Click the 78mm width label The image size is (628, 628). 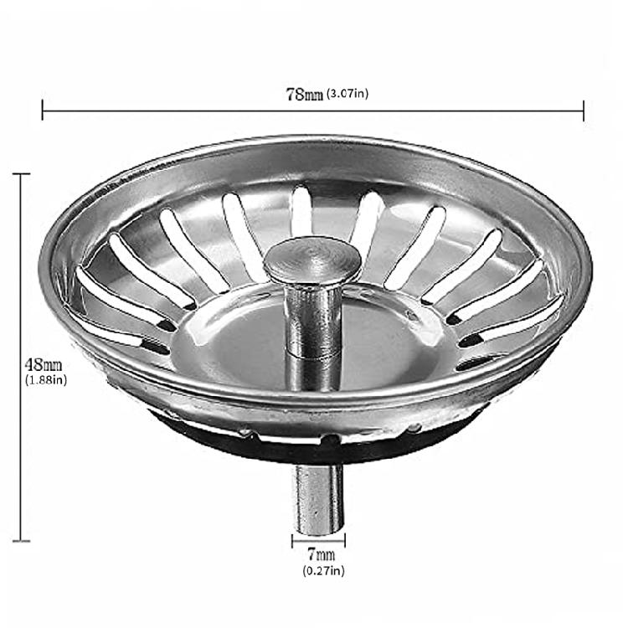(305, 95)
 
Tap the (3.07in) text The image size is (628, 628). (347, 94)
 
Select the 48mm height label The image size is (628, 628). (44, 365)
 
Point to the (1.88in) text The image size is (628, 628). (46, 379)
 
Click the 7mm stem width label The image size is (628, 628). (322, 554)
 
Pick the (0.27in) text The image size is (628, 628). (323, 570)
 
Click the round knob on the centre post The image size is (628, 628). (312, 258)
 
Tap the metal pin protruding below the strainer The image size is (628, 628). (319, 499)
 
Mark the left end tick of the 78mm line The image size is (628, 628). (43, 111)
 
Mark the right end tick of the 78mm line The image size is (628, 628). (583, 111)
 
